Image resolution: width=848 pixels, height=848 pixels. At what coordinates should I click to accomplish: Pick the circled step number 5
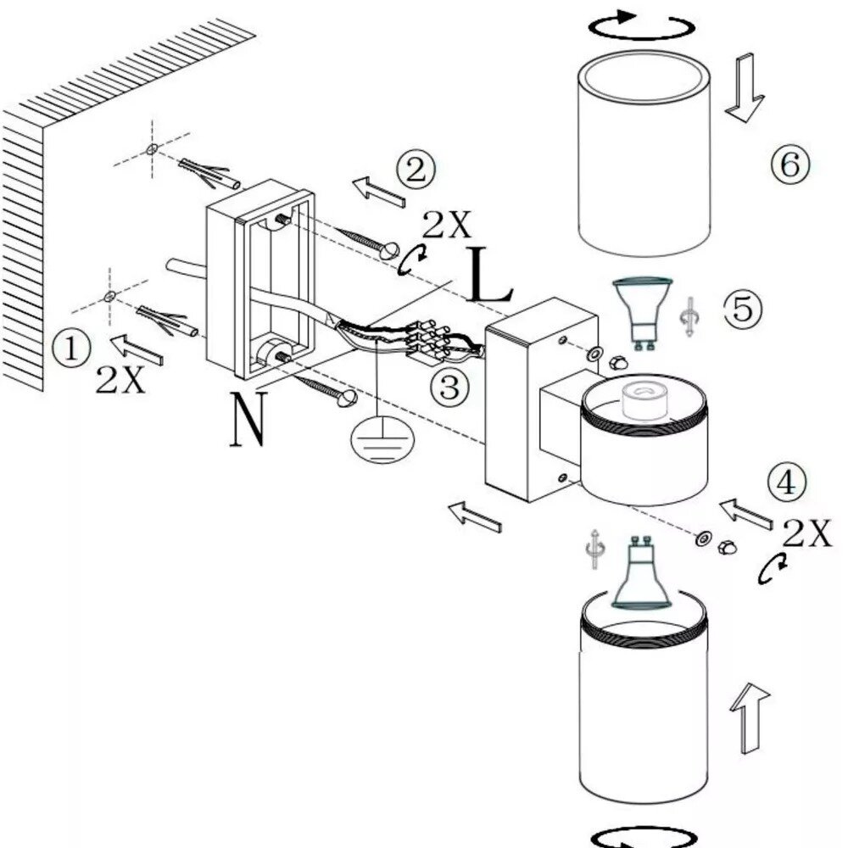click(x=742, y=309)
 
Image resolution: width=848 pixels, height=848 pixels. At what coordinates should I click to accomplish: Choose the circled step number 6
click(x=790, y=164)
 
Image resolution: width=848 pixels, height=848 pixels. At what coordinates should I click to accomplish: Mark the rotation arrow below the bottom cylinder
click(x=633, y=838)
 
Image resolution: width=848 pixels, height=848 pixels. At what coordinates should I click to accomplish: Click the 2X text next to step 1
click(x=120, y=381)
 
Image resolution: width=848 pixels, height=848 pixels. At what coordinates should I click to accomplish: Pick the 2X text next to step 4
click(x=806, y=534)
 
